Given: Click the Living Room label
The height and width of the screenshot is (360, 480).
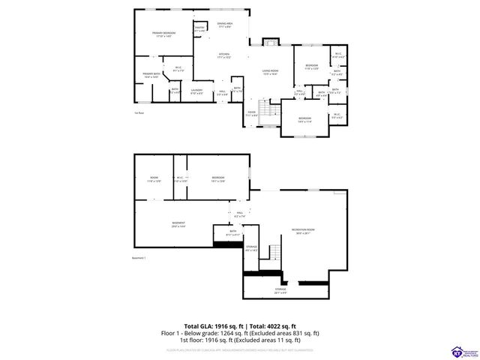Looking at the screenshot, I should [271, 72].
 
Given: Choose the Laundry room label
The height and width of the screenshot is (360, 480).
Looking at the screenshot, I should [196, 91].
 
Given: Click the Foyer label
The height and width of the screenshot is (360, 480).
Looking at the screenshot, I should [252, 114].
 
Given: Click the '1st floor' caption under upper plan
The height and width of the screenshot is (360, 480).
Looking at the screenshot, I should [139, 113].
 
